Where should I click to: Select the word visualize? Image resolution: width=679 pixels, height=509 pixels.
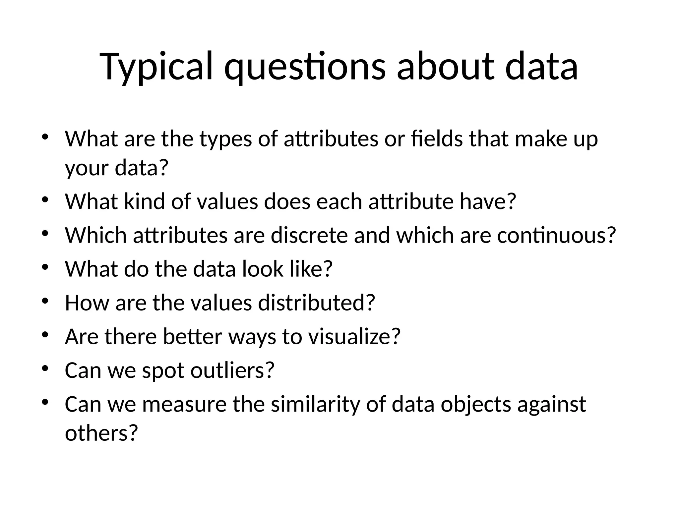(354, 337)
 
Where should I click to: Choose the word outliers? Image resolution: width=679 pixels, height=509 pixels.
(232, 370)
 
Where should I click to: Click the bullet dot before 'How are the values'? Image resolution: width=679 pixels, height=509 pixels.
(45, 301)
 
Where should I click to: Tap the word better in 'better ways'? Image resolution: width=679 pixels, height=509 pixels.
(192, 337)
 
